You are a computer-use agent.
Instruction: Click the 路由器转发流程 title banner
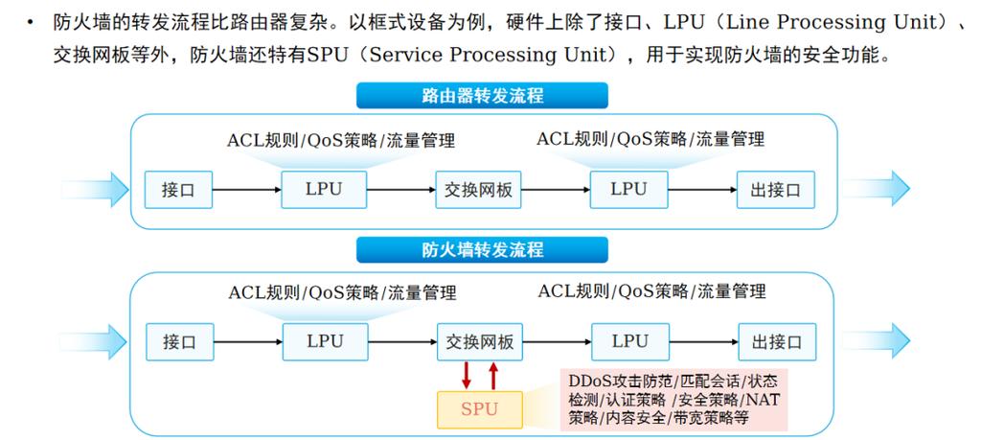(483, 96)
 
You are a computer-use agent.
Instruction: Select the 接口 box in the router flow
(178, 189)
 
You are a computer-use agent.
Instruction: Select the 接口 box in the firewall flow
(178, 341)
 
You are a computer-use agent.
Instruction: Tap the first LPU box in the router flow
(324, 189)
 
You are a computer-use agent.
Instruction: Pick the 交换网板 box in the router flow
(479, 189)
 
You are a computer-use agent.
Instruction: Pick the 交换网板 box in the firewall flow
(480, 341)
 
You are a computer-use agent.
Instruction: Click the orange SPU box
(480, 409)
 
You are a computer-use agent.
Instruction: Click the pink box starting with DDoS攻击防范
(673, 398)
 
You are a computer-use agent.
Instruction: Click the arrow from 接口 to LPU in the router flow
(246, 189)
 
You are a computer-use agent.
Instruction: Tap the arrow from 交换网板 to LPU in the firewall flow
(557, 341)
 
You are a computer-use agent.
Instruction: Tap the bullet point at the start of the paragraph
(35, 22)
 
